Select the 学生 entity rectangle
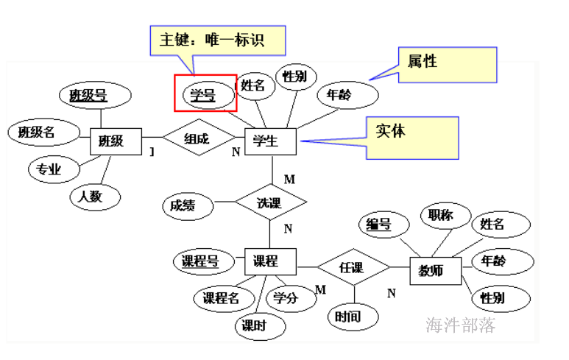(268, 141)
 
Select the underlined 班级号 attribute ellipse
(88, 95)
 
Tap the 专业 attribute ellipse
(50, 170)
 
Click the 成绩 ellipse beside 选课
(183, 206)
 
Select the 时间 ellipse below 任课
(347, 317)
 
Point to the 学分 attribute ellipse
(286, 297)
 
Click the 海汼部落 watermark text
(462, 326)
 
